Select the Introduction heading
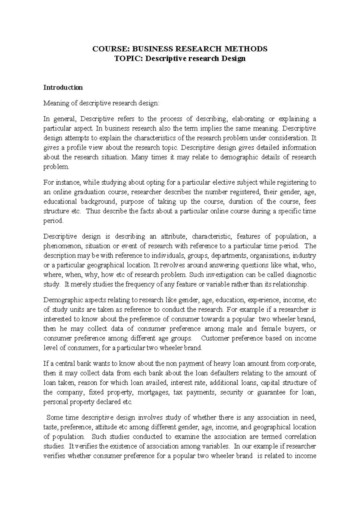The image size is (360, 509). click(63, 88)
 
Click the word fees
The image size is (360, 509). click(310, 202)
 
